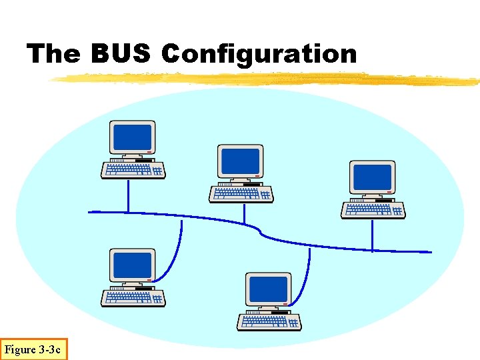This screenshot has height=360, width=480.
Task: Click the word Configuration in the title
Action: [259, 54]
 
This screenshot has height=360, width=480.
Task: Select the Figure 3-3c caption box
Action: [33, 349]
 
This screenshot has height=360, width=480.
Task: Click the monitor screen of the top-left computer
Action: [133, 137]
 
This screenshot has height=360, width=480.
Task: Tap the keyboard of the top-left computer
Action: [133, 171]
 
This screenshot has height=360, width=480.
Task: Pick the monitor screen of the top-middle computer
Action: [241, 161]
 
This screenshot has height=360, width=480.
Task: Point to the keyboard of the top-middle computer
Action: [241, 194]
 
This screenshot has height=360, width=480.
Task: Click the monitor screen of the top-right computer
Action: [373, 177]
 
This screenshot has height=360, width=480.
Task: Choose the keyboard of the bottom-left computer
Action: [133, 298]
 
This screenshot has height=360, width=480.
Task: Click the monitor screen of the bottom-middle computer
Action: [269, 289]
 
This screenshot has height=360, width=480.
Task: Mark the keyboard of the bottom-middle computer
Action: [269, 322]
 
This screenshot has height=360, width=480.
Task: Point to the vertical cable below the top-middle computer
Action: [245, 213]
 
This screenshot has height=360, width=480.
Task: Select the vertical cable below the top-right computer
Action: [372, 235]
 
